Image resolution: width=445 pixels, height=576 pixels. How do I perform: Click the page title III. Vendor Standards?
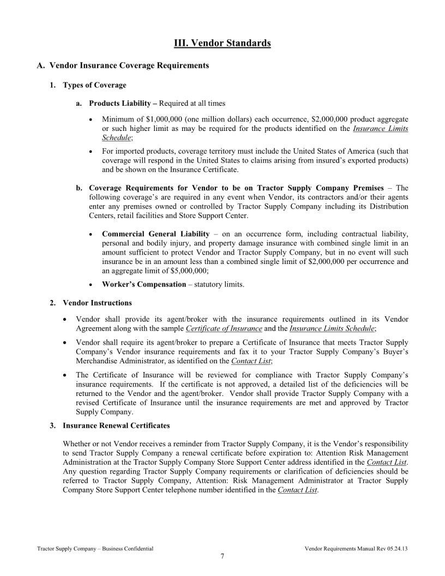222,43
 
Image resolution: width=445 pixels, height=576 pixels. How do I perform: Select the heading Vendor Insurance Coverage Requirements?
129,65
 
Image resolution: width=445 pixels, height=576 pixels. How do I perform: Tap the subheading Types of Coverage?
94,85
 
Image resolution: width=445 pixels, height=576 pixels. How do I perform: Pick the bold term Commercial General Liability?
156,234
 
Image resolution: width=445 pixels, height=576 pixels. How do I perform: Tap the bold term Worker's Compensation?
144,284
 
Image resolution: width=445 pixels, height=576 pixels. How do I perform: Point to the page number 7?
222,556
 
